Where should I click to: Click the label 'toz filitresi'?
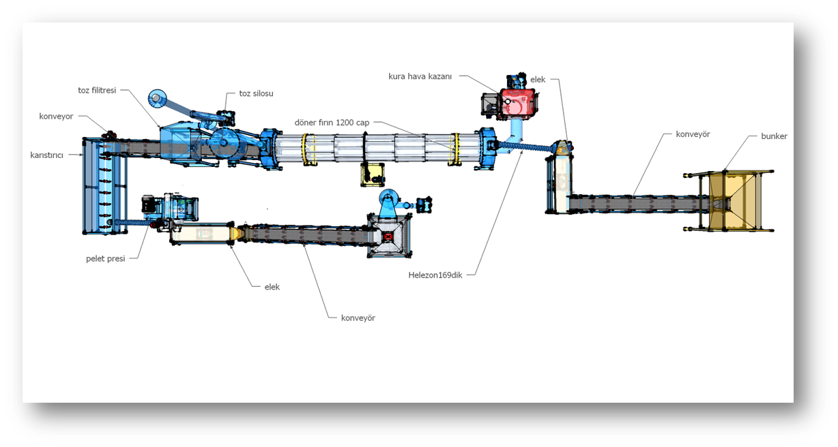pyautogui.click(x=98, y=90)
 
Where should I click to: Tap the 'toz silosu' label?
pyautogui.click(x=256, y=93)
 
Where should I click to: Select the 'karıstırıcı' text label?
pyautogui.click(x=46, y=155)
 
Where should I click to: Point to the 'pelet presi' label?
pyautogui.click(x=106, y=259)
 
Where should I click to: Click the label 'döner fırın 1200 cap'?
pyautogui.click(x=332, y=123)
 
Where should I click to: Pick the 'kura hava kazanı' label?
pyautogui.click(x=420, y=76)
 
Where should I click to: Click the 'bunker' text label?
pyautogui.click(x=774, y=136)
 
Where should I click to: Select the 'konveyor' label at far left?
pyautogui.click(x=57, y=117)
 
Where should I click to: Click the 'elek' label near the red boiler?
pyautogui.click(x=538, y=80)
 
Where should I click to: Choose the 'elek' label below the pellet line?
pyautogui.click(x=272, y=287)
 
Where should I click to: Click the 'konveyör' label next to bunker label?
pyautogui.click(x=692, y=134)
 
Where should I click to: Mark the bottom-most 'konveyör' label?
pyautogui.click(x=358, y=318)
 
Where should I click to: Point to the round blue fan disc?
pyautogui.click(x=158, y=99)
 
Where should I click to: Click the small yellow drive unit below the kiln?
pyautogui.click(x=372, y=175)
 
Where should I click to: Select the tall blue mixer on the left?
pyautogui.click(x=104, y=187)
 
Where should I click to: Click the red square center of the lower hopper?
pyautogui.click(x=389, y=236)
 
